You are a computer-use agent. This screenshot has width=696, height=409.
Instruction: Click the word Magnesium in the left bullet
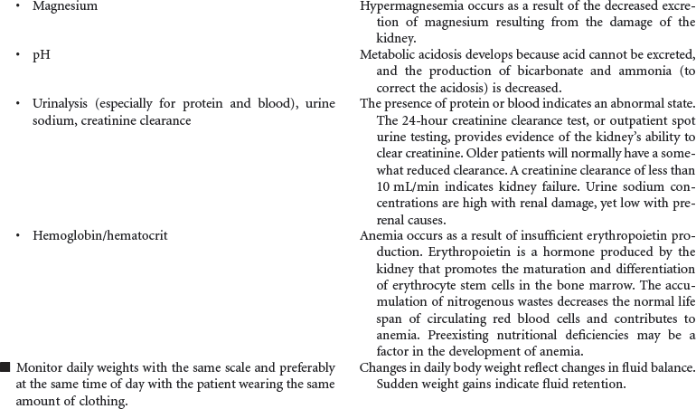click(x=65, y=6)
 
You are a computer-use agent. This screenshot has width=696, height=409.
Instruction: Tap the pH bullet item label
click(x=41, y=55)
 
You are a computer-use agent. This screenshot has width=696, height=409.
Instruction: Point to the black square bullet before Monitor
click(x=5, y=367)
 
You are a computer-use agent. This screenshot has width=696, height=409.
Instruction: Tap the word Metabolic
click(x=389, y=55)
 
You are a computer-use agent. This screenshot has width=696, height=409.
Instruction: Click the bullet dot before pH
click(x=18, y=55)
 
